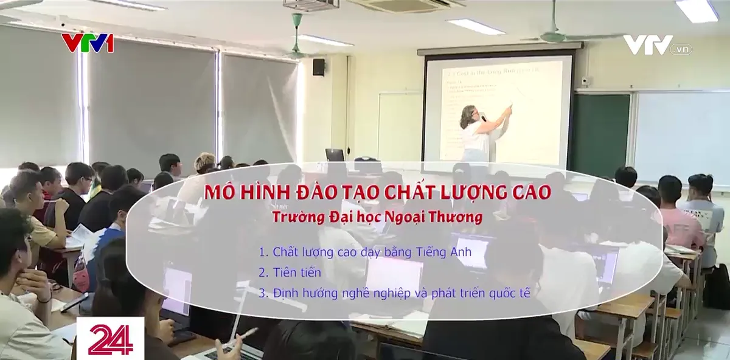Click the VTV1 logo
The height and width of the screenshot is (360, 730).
click(87, 43)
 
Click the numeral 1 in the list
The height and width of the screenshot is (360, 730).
click(262, 251)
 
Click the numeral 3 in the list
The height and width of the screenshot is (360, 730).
click(262, 292)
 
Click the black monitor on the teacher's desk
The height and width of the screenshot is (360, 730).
click(335, 154)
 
